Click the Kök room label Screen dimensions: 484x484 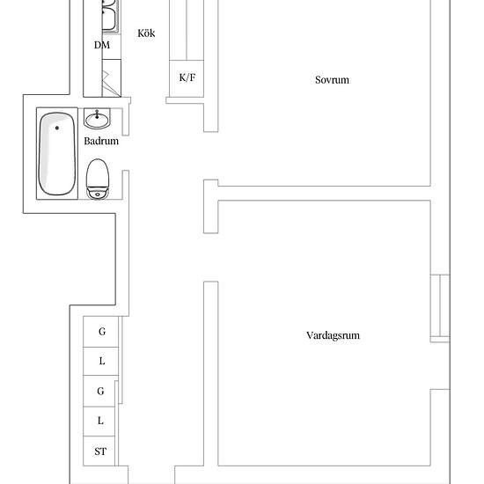(x=146, y=33)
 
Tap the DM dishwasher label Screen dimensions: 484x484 (x=102, y=45)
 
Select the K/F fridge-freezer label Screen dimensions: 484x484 (x=187, y=77)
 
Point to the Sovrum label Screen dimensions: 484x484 (x=332, y=79)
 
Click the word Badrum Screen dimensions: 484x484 (x=101, y=141)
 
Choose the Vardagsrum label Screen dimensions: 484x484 (x=333, y=335)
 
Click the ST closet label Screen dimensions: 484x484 (x=100, y=451)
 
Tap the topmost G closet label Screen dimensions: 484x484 (x=102, y=332)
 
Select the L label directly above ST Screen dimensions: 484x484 (x=100, y=421)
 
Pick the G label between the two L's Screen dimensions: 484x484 (x=100, y=391)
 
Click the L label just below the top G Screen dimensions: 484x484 (x=102, y=361)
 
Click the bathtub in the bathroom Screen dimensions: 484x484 (x=57, y=154)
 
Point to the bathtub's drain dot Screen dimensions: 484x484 (x=57, y=128)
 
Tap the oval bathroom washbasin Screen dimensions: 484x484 (x=97, y=121)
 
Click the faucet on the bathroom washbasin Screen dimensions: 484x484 (x=97, y=114)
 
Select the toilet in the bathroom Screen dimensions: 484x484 (x=98, y=179)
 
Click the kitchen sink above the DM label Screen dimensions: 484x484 (x=109, y=16)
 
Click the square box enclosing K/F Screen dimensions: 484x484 (x=187, y=78)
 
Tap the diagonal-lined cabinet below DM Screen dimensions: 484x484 (x=112, y=78)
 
